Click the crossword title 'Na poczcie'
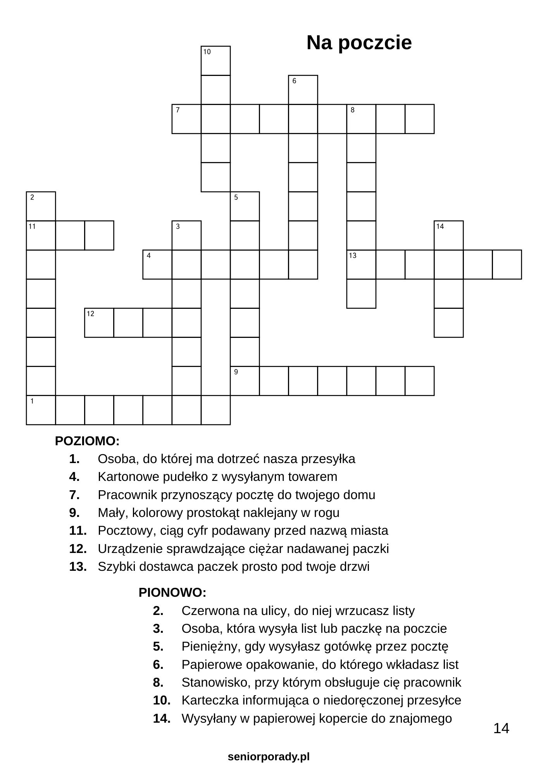click(359, 43)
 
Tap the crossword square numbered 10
click(215, 61)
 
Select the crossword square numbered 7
click(186, 119)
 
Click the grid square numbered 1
click(41, 410)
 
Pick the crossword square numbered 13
click(361, 265)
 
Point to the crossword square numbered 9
click(245, 381)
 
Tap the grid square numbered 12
click(99, 323)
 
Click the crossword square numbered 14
click(448, 236)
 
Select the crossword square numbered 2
click(41, 206)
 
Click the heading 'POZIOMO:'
click(87, 441)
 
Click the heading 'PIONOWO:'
click(172, 592)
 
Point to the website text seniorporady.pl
click(269, 756)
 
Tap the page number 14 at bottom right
click(501, 728)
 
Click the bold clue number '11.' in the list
click(78, 530)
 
